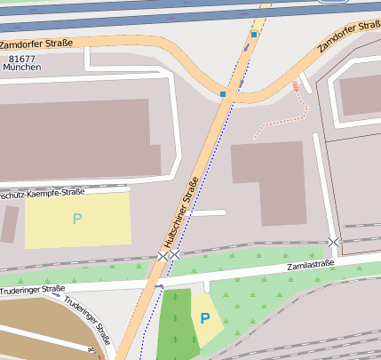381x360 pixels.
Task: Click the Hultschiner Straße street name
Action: coord(180,212)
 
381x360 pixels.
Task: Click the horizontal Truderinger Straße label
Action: coord(33,288)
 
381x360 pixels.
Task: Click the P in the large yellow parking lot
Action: coord(76,218)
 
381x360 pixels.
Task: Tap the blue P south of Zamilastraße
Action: coord(205,317)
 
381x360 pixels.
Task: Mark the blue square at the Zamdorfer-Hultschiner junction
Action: coord(223,93)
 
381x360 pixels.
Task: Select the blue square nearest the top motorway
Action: coord(253,35)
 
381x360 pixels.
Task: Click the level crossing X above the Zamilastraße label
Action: coord(333,242)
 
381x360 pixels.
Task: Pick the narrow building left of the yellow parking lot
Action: coord(10,224)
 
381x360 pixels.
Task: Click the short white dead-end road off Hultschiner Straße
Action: coord(210,213)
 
